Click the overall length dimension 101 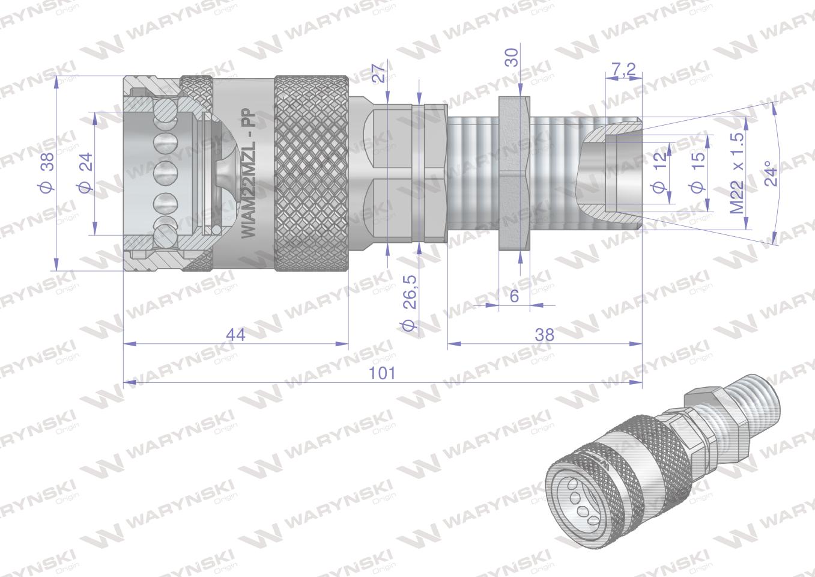tap(383, 373)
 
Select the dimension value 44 tap(236, 335)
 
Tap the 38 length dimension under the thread tap(544, 335)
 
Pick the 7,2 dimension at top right tap(623, 70)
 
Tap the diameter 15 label tap(697, 173)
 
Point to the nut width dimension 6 tap(514, 296)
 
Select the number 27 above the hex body tap(378, 74)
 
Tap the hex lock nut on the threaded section tap(514, 172)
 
